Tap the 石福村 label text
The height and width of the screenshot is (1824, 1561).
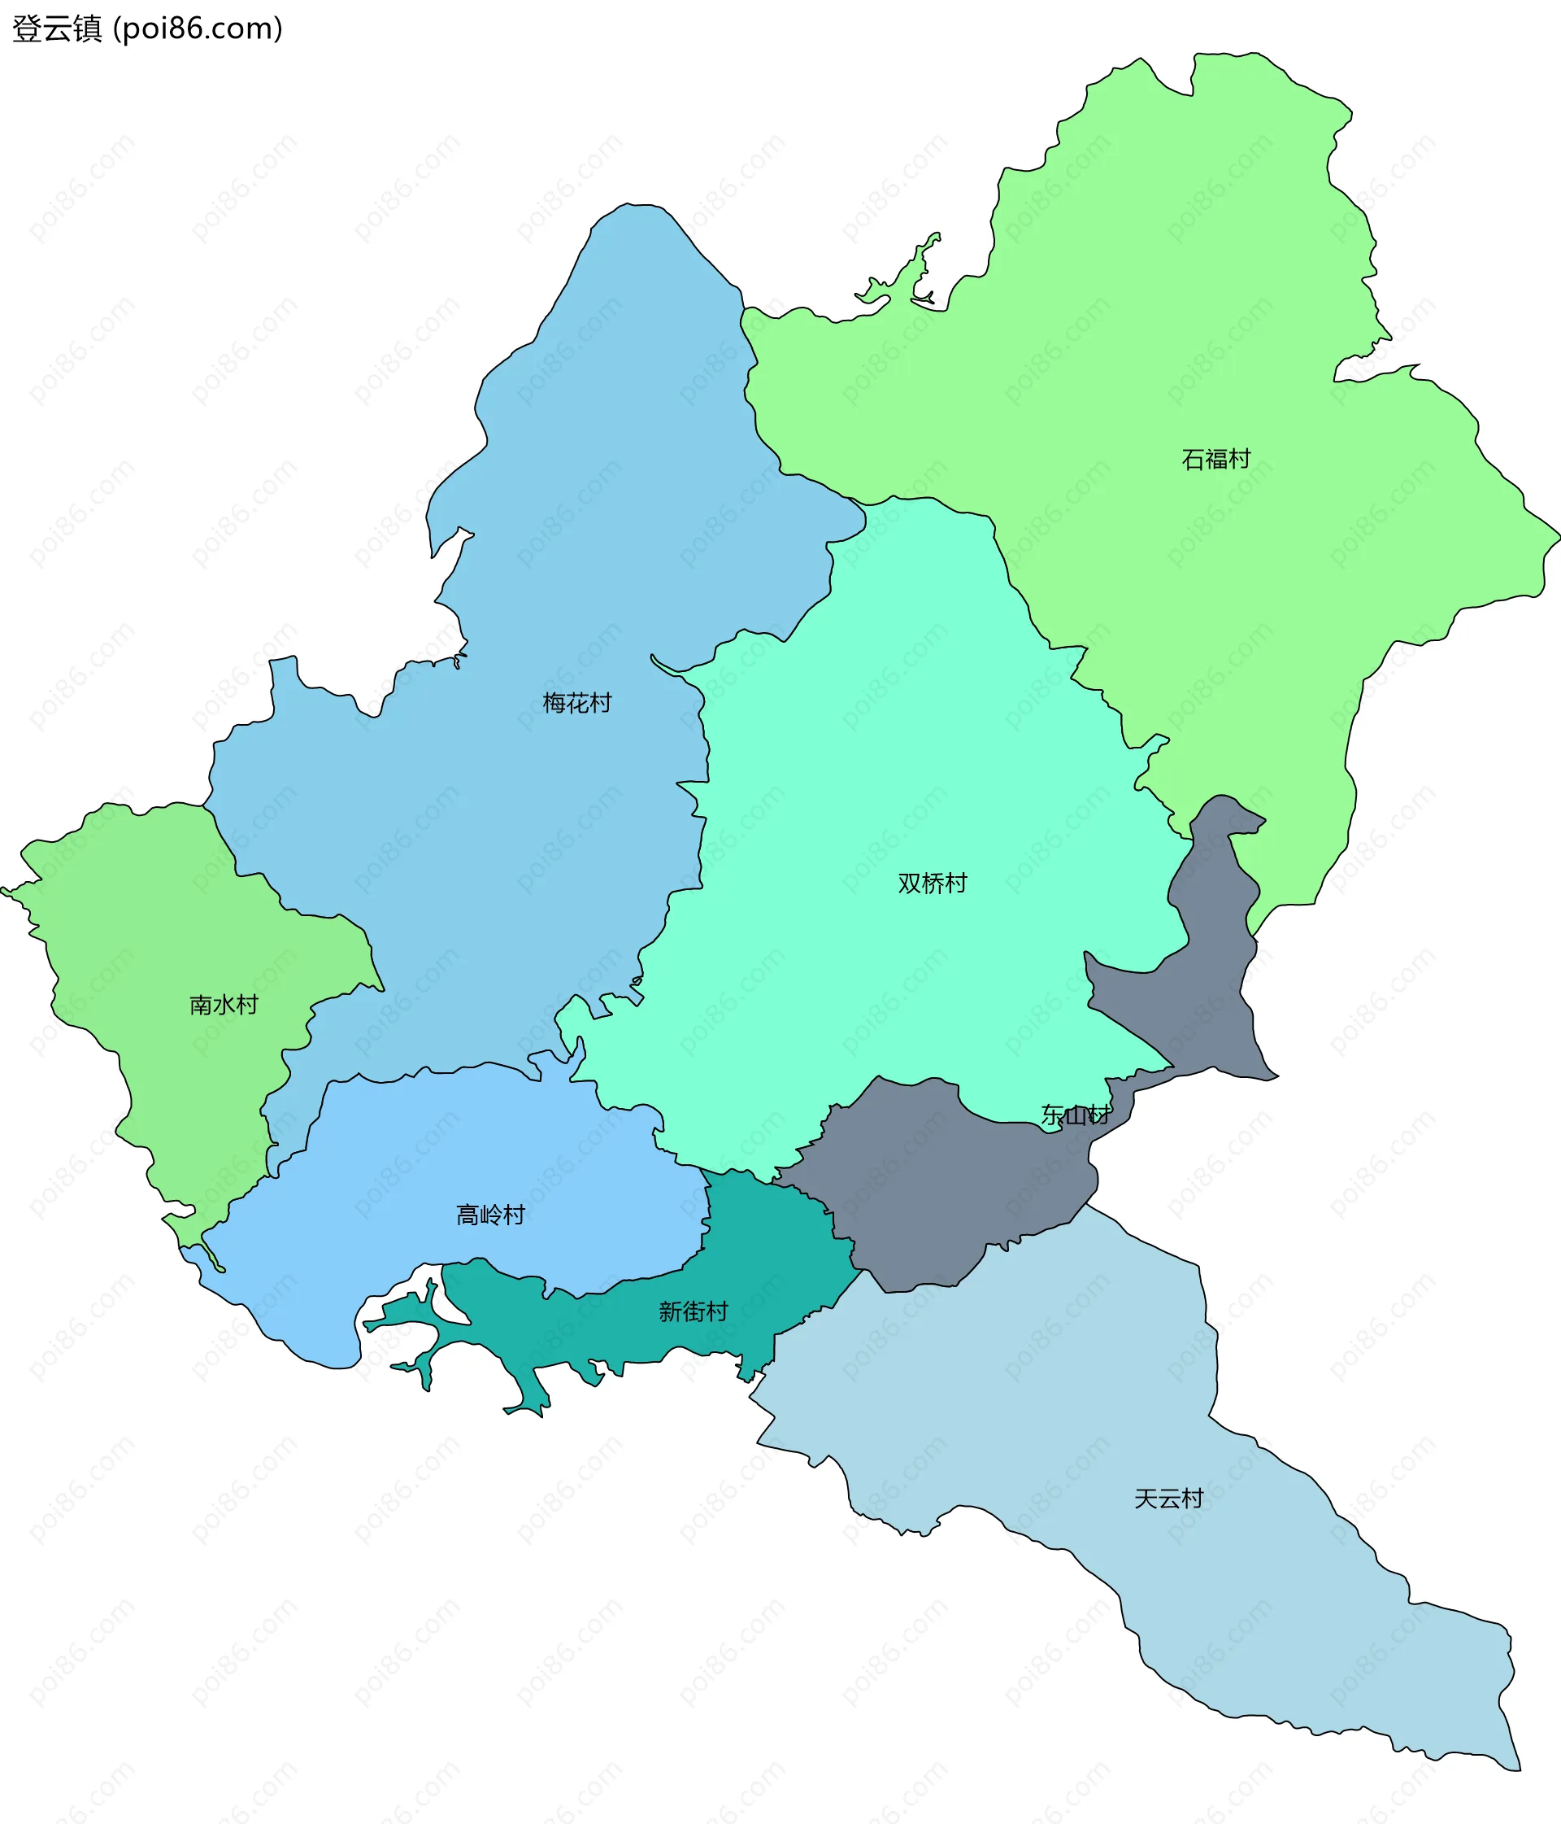(1215, 460)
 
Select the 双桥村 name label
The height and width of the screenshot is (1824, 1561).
(932, 883)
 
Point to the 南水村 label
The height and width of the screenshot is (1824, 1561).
(224, 1005)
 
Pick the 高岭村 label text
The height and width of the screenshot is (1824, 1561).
(490, 1215)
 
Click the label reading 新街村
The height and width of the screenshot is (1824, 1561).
(694, 1311)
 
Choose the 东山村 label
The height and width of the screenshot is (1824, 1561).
(1076, 1115)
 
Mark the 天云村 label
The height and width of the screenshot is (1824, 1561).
(1167, 1499)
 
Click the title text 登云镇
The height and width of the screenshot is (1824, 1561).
(57, 29)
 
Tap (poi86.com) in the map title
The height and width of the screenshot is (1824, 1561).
(198, 29)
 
